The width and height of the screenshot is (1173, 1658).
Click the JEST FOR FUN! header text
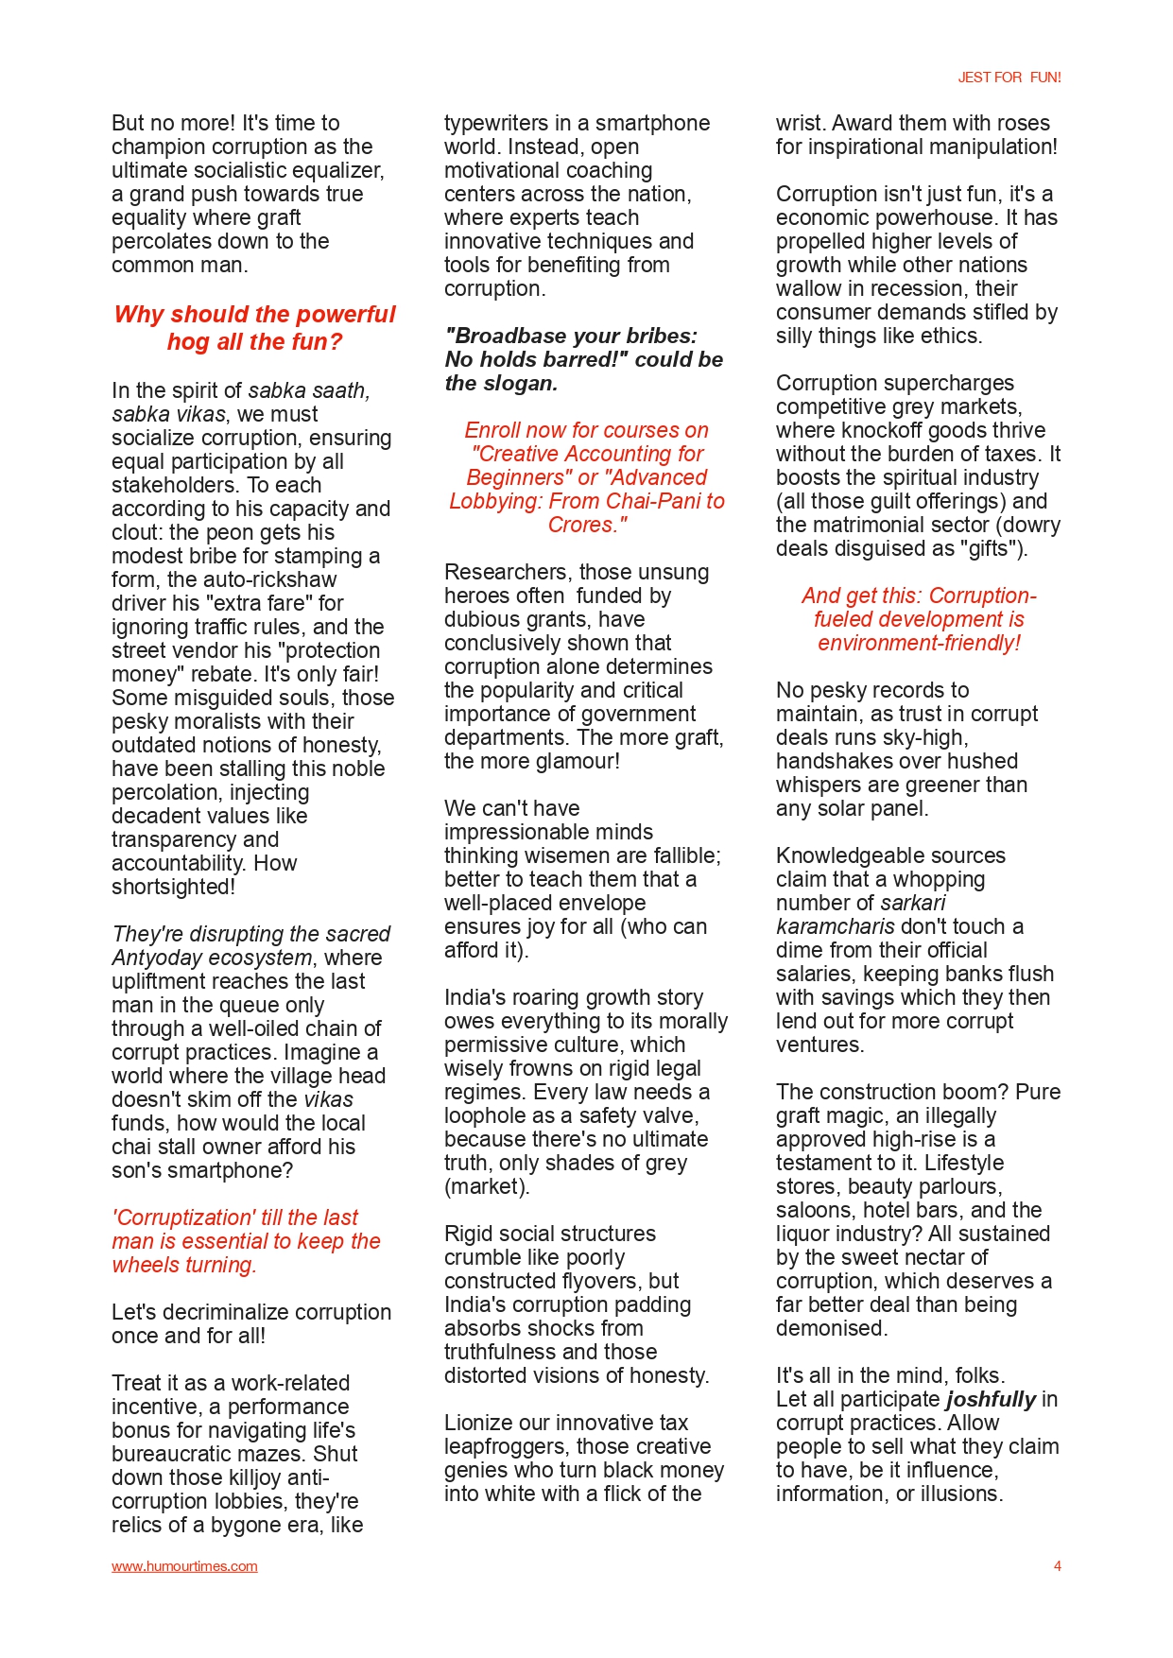point(1009,78)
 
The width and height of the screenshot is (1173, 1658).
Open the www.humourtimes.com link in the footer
point(184,1566)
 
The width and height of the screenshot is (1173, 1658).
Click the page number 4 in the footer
point(1057,1566)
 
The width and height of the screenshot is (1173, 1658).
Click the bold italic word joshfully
point(990,1399)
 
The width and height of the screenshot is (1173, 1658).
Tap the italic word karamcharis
point(835,926)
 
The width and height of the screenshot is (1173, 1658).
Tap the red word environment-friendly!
point(919,643)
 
